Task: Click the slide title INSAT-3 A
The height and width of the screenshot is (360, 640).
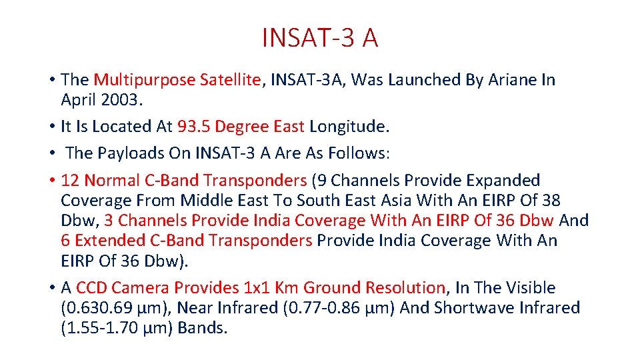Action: pyautogui.click(x=320, y=38)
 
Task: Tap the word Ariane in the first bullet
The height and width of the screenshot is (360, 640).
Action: pyautogui.click(x=510, y=80)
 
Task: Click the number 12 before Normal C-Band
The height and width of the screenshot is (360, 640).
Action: pyautogui.click(x=70, y=181)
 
